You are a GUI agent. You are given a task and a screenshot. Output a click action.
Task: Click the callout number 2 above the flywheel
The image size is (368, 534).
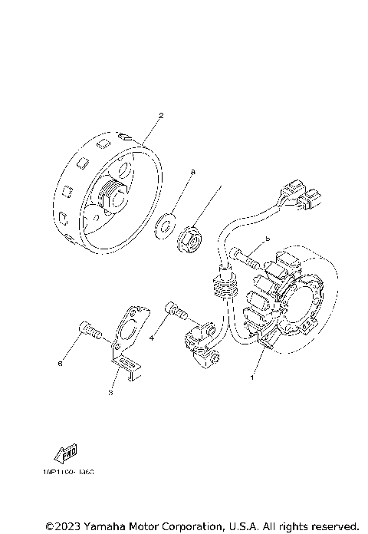coord(161,116)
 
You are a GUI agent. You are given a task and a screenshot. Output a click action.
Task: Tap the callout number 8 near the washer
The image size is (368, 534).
coord(193,173)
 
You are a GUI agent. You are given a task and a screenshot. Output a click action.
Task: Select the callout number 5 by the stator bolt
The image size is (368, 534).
coord(268,239)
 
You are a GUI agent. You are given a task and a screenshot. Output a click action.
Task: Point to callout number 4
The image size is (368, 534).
coord(152,338)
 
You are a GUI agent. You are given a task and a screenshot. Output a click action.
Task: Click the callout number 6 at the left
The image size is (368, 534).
coord(59,364)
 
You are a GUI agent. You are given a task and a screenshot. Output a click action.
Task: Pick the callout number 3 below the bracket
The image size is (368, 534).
coord(110,393)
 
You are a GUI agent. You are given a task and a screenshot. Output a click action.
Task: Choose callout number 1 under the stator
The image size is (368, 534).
coord(250,377)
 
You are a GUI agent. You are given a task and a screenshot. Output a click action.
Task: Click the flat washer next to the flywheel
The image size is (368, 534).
coord(163,226)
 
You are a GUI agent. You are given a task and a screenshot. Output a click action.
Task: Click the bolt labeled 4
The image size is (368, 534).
coord(176,312)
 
